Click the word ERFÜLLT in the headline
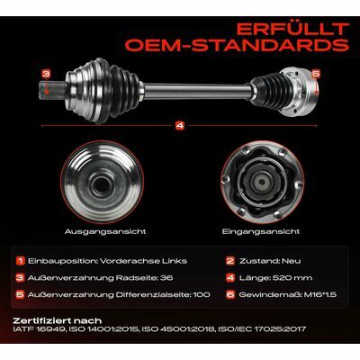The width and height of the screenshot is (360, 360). pyautogui.click(x=292, y=30)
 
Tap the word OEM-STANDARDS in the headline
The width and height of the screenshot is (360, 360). pyautogui.click(x=237, y=45)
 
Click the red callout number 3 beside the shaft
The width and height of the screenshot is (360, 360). pyautogui.click(x=46, y=74)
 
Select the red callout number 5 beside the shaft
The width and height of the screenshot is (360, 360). pyautogui.click(x=316, y=74)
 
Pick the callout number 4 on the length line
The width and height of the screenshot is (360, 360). pyautogui.click(x=180, y=126)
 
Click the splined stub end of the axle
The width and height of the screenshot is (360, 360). pyautogui.click(x=52, y=89)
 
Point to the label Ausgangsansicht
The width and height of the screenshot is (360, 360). pyautogui.click(x=105, y=231)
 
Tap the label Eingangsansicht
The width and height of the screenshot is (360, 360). pyautogui.click(x=261, y=231)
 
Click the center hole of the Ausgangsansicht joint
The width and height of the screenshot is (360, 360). pyautogui.click(x=101, y=185)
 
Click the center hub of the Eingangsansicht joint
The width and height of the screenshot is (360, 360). pyautogui.click(x=262, y=182)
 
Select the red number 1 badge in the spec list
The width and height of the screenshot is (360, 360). pyautogui.click(x=20, y=261)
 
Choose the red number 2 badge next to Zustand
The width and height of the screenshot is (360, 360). pyautogui.click(x=230, y=261)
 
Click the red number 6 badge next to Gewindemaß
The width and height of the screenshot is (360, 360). pyautogui.click(x=230, y=294)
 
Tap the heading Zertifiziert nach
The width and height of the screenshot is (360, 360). pyautogui.click(x=58, y=320)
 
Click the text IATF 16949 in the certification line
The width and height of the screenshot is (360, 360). pyautogui.click(x=39, y=329)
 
